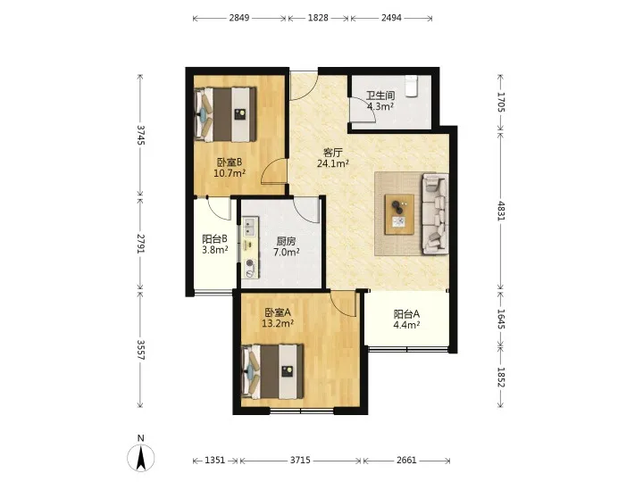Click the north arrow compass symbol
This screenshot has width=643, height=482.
pos(141,457)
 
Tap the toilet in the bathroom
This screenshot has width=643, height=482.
pos(411,86)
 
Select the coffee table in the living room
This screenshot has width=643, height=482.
pos(399,214)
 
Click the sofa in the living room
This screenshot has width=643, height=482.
pos(435,213)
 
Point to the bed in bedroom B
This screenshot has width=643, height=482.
pos(225,114)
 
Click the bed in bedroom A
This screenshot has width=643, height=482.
pos(272,371)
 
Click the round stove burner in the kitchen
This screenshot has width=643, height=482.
pos(249,263)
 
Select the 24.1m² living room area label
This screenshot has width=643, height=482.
pos(332,163)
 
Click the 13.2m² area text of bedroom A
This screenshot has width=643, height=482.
pos(278,323)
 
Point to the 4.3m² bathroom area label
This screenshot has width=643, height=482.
pos(380,106)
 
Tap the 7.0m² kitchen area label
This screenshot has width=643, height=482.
pos(287,252)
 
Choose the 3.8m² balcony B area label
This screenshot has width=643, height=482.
pos(215,249)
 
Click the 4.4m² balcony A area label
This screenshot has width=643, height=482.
pos(406,325)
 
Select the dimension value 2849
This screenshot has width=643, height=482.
pos(239,18)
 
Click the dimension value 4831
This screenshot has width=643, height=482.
pos(501,211)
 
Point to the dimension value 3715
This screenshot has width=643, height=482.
pos(300,461)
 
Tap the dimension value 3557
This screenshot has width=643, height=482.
pos(141,350)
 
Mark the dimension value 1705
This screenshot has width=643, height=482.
pos(501,102)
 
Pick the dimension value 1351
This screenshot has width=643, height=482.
pos(215,461)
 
